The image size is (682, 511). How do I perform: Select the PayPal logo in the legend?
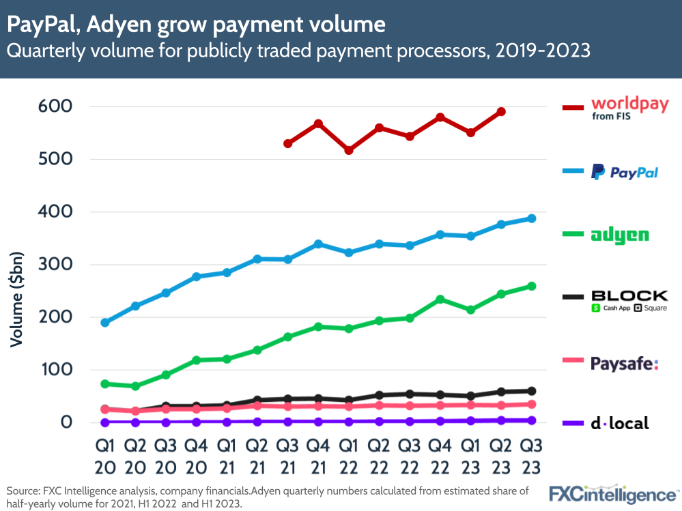[x=624, y=172]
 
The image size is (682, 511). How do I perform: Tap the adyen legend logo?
[x=620, y=235]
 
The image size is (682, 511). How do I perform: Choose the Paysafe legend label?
[x=624, y=363]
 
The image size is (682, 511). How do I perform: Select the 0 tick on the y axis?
[x=66, y=422]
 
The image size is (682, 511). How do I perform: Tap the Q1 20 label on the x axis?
[x=104, y=457]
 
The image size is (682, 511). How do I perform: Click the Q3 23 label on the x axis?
[x=531, y=457]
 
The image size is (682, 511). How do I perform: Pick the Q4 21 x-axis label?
[x=317, y=457]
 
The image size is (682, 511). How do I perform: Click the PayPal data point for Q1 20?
[x=104, y=323]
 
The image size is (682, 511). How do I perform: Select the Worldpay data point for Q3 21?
[x=287, y=143]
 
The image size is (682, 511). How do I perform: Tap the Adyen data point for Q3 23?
[x=531, y=286]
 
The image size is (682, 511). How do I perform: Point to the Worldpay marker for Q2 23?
[x=500, y=111]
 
